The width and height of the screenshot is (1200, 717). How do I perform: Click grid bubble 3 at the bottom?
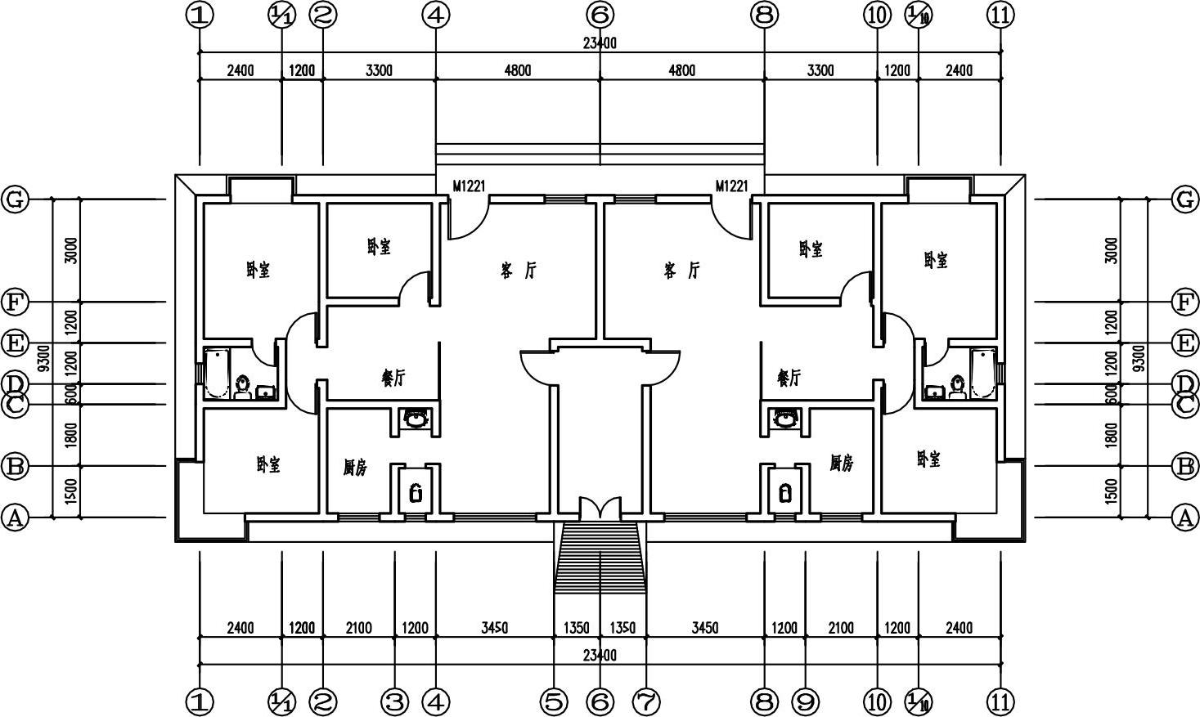tap(395, 701)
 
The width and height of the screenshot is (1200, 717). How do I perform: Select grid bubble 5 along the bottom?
tap(554, 701)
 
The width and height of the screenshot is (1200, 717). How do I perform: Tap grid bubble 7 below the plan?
tap(646, 701)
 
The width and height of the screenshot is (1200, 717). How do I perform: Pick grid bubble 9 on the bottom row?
tap(805, 701)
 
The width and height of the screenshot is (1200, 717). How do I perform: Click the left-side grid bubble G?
tap(15, 199)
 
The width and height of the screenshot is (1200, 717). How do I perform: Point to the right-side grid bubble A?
tap(1184, 518)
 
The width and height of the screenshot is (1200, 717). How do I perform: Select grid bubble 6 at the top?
tap(600, 14)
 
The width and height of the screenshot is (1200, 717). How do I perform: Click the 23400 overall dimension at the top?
tap(600, 43)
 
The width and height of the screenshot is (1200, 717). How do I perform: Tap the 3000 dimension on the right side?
tap(1110, 250)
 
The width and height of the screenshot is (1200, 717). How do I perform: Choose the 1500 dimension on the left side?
tap(71, 492)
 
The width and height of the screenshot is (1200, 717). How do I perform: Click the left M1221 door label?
tap(469, 186)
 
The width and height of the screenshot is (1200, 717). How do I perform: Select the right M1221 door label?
tap(731, 186)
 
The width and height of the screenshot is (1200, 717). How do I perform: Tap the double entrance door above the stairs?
tap(600, 508)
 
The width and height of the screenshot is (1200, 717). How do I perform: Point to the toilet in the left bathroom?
tap(243, 386)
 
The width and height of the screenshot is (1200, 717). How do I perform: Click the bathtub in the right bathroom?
tap(982, 373)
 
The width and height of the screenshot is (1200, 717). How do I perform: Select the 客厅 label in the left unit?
tap(519, 271)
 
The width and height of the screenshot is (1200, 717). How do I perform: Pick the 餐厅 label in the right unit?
tap(789, 378)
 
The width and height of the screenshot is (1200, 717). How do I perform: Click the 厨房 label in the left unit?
tap(355, 468)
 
